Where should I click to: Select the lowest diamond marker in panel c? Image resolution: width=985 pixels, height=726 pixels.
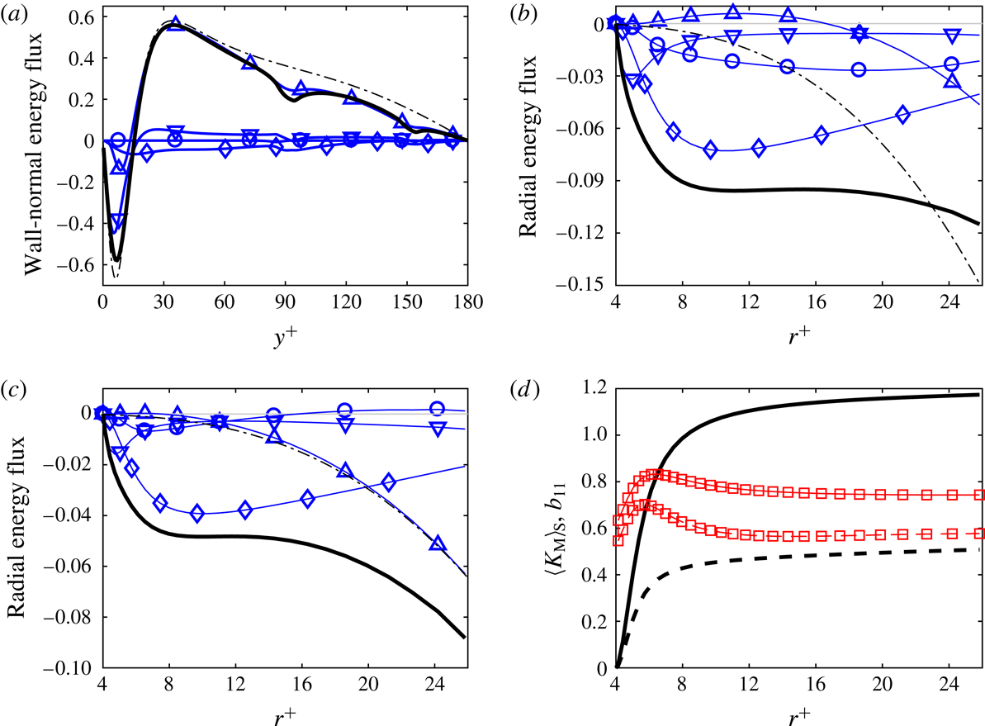click(197, 514)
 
